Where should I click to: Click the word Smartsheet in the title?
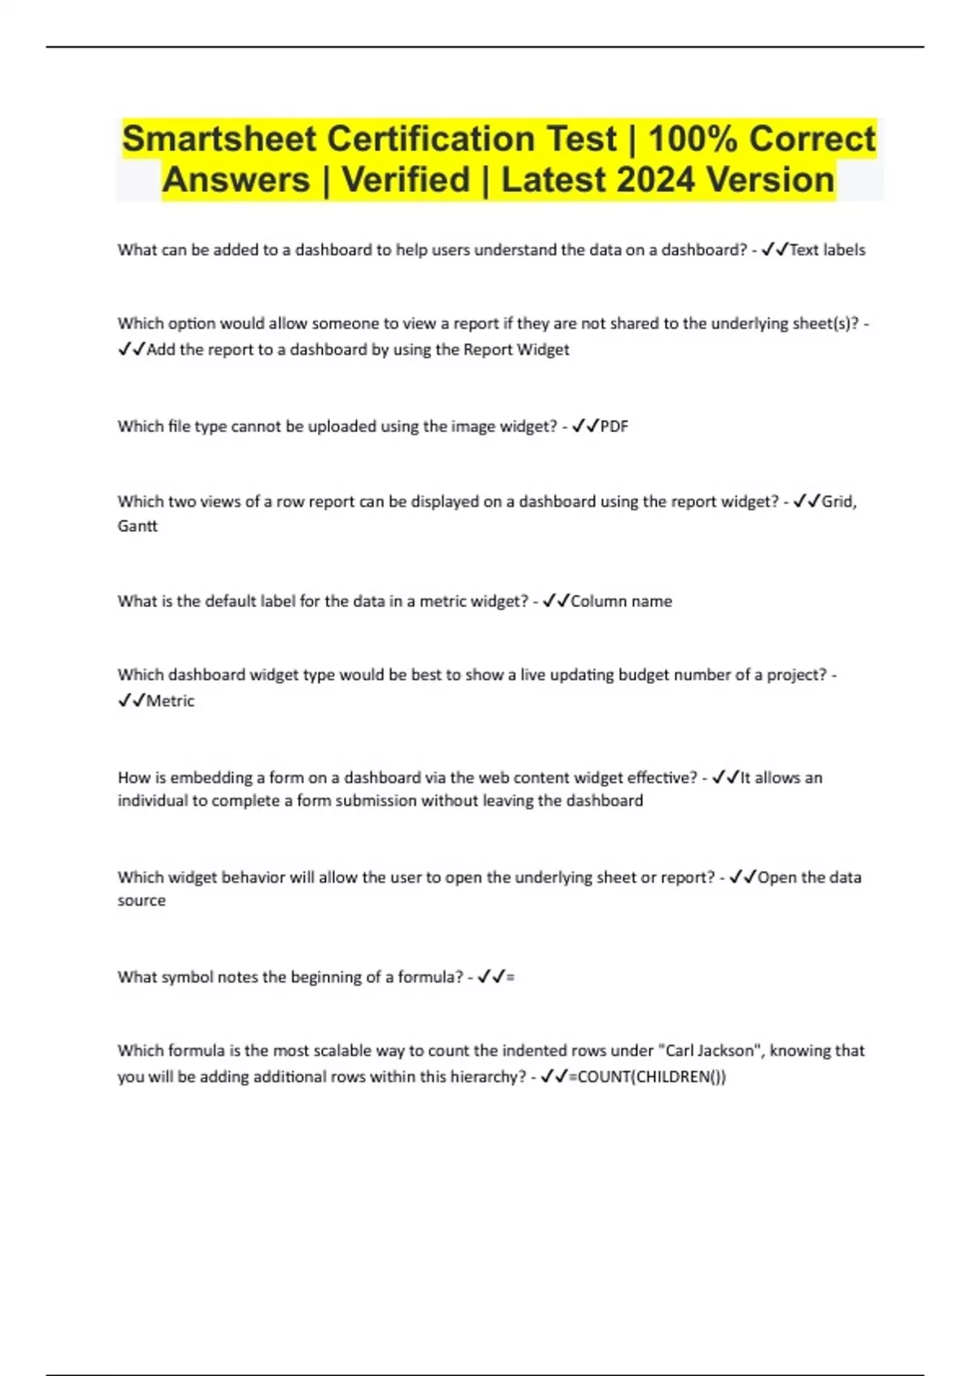click(x=218, y=139)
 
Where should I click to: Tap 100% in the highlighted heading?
click(x=693, y=139)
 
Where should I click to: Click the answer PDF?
click(x=614, y=427)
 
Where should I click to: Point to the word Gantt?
click(x=138, y=526)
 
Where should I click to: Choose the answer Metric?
click(x=170, y=701)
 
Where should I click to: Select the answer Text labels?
click(x=827, y=250)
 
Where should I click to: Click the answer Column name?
click(x=621, y=601)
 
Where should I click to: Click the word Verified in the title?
click(x=405, y=180)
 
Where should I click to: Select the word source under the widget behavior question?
click(x=142, y=901)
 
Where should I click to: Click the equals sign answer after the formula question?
click(x=510, y=977)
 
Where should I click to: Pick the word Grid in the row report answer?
click(x=837, y=502)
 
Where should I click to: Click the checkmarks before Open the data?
click(x=742, y=877)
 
